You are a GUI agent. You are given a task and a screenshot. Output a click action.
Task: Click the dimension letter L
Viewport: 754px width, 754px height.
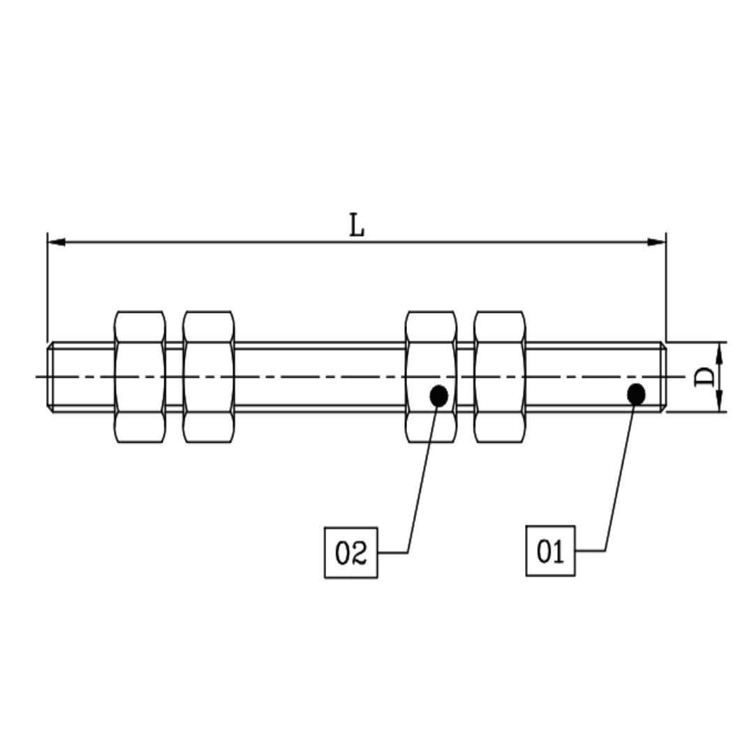coord(357,226)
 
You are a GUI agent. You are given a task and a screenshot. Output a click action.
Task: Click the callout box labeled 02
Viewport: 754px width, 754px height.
coord(350,553)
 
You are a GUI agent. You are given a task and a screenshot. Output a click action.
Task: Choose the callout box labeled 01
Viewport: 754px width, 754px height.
coord(550,551)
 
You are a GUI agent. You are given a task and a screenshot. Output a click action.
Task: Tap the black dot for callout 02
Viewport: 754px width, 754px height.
coord(438,396)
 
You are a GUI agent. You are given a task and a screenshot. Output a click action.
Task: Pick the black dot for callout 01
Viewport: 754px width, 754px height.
coord(636,394)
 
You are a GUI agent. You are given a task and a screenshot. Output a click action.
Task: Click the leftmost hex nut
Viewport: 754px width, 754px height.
coord(140,377)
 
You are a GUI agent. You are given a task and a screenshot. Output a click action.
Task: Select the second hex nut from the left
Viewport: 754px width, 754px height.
coord(208,377)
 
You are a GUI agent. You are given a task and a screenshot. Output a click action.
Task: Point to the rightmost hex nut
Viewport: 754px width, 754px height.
coord(498,377)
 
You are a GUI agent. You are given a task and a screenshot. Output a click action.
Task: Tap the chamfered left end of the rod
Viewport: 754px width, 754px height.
coord(51,377)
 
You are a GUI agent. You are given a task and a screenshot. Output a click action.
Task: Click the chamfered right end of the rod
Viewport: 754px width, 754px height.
coord(662,377)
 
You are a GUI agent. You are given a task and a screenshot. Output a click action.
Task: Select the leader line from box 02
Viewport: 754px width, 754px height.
coord(420,482)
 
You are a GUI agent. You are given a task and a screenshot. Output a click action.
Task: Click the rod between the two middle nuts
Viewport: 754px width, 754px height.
coord(320,377)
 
